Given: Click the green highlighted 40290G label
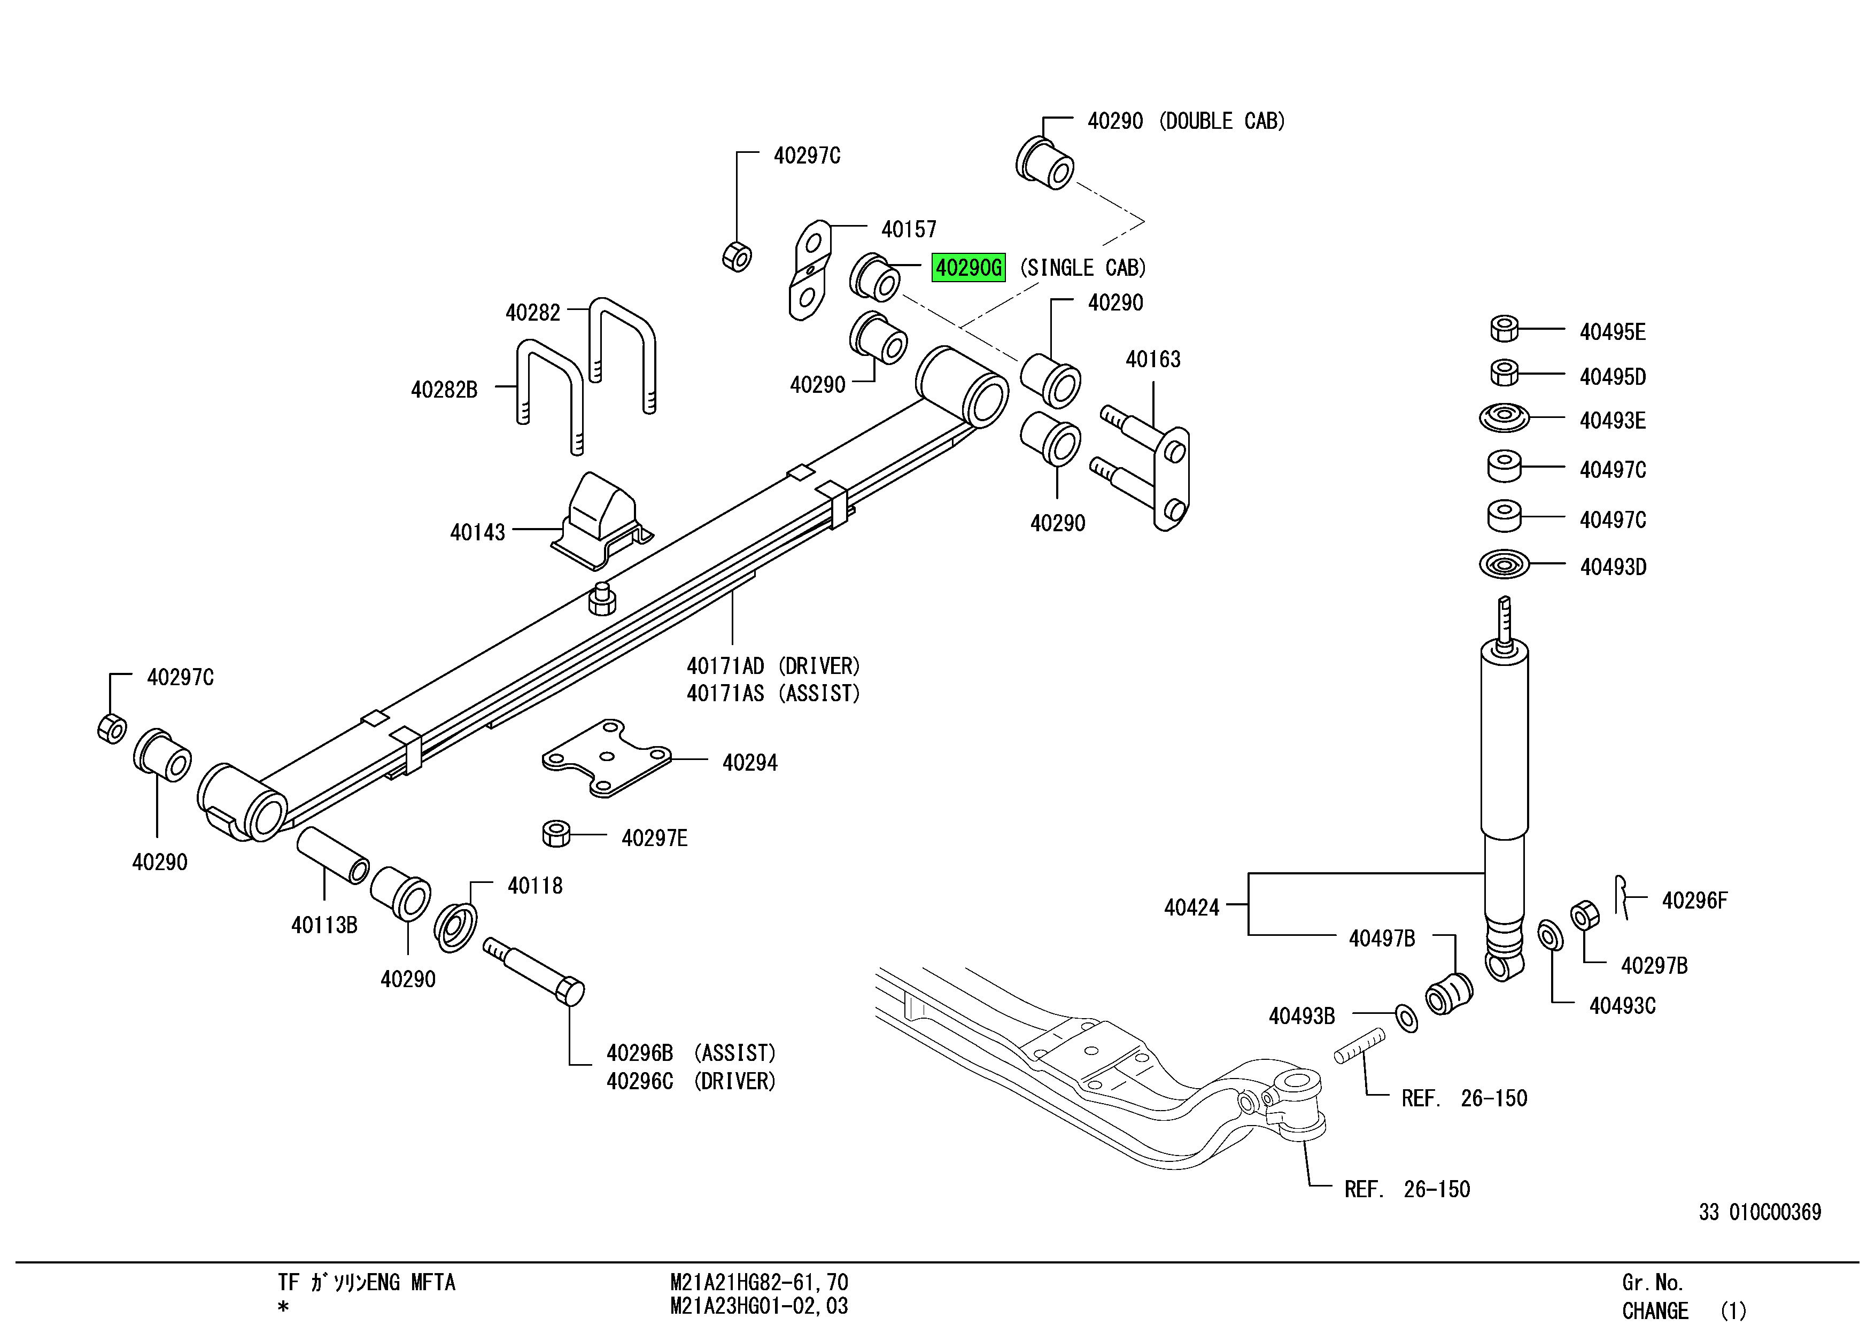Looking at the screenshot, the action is [969, 268].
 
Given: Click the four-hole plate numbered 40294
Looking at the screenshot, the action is [607, 758].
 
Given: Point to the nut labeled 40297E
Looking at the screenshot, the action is [556, 834].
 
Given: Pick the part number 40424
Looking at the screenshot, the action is [1191, 907].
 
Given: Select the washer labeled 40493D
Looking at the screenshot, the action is [1504, 564].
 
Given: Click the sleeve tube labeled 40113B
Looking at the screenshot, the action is [332, 856].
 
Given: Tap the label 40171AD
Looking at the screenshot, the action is [725, 666].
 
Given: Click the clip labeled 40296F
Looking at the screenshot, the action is [1623, 897].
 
